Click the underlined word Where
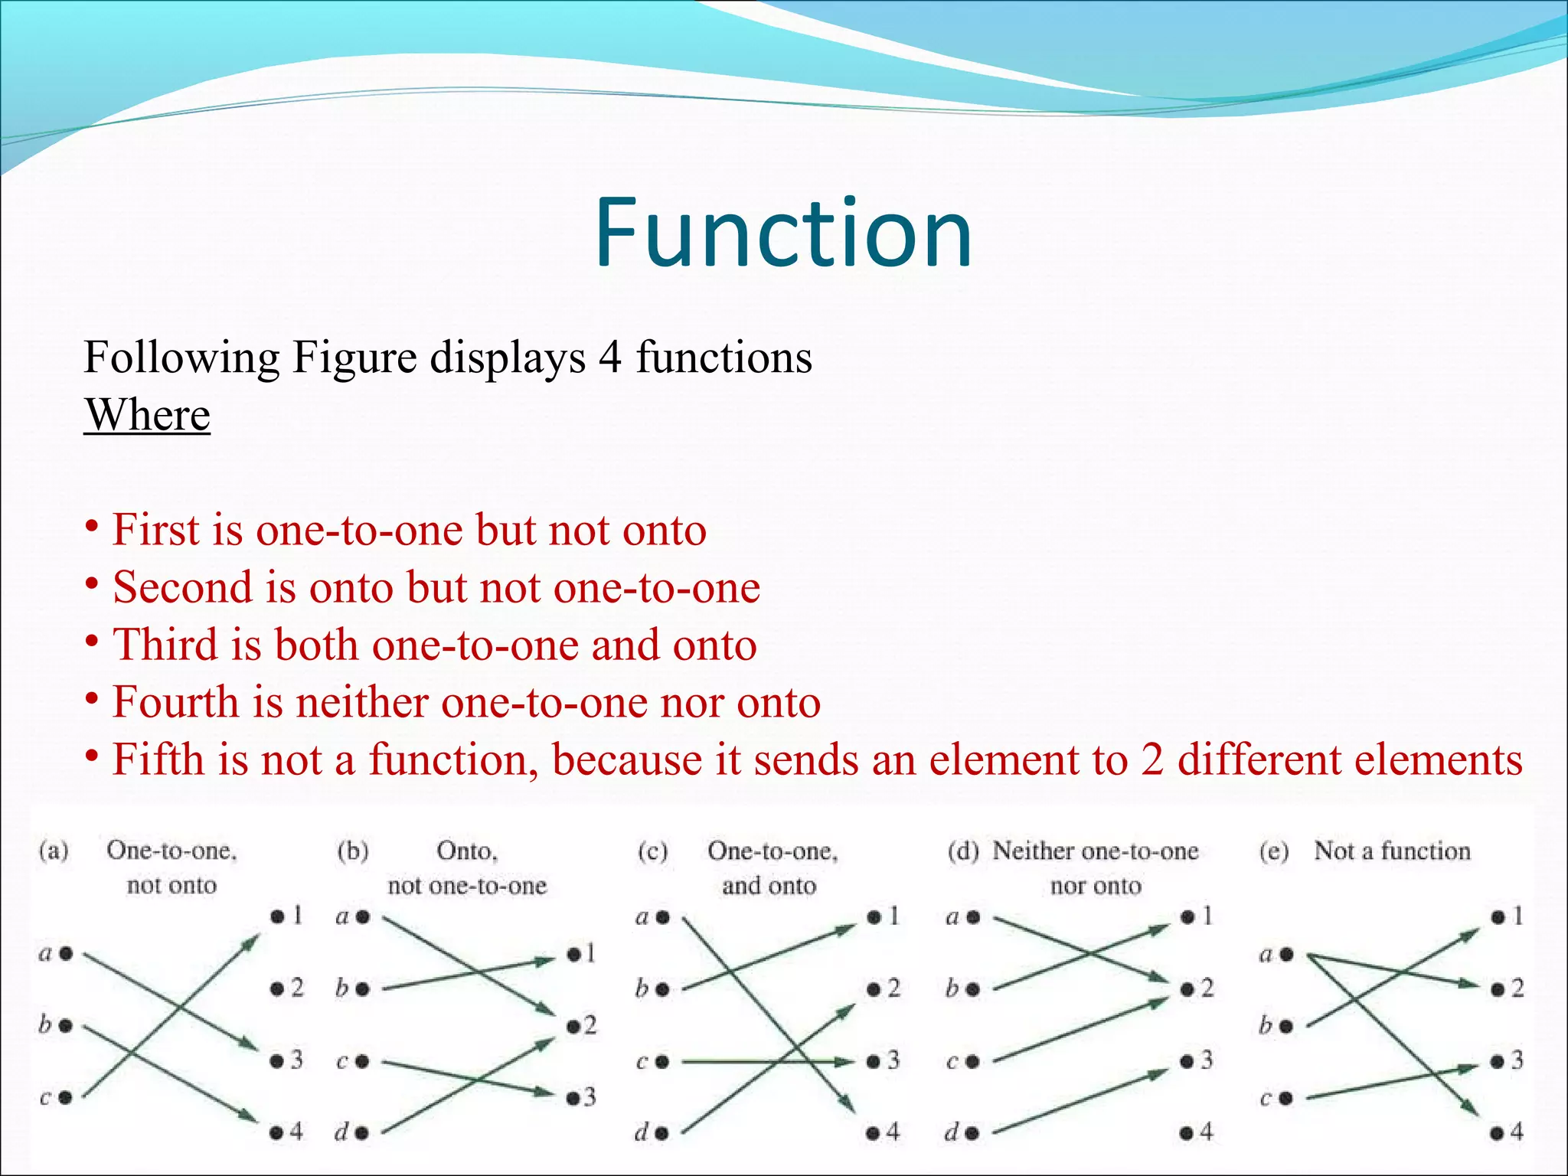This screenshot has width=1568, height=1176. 147,415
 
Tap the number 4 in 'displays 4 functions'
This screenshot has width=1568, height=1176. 609,358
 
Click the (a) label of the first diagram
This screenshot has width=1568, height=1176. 54,851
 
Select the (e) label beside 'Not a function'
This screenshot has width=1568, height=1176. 1273,851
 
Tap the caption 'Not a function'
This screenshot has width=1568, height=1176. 1392,851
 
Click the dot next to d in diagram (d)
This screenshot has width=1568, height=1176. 973,1132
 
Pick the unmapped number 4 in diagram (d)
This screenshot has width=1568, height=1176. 1207,1132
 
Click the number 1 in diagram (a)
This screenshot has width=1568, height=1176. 297,916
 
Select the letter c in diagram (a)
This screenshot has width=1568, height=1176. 44,1098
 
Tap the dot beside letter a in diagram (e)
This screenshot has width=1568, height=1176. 1286,954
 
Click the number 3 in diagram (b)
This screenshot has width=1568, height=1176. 589,1098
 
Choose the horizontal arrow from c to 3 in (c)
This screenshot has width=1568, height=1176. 766,1062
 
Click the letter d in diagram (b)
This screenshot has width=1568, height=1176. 341,1132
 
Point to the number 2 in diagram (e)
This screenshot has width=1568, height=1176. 1517,988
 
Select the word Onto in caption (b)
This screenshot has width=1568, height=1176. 466,851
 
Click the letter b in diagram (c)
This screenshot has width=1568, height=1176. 642,989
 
